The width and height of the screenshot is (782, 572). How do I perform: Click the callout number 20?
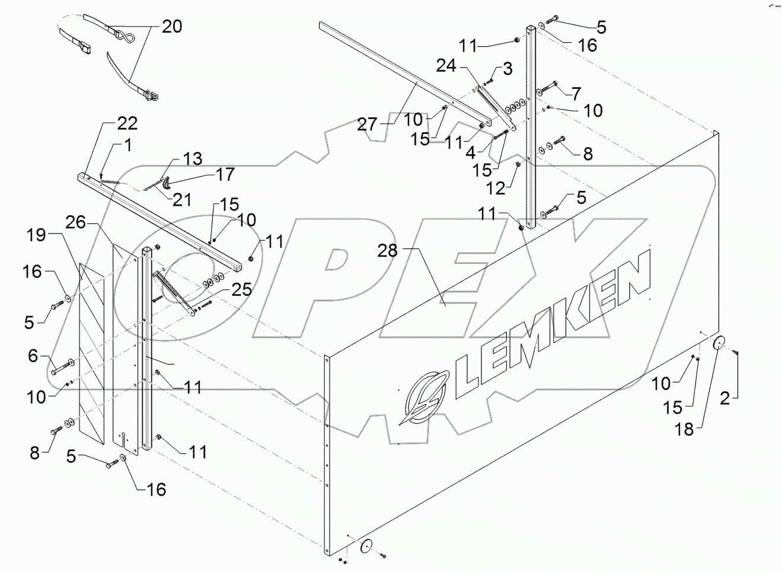171,27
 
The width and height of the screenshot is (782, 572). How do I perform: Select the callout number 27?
368,124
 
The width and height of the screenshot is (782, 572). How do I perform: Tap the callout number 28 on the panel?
389,250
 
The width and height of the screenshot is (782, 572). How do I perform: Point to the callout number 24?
446,65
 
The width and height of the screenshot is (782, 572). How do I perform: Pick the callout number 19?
36,235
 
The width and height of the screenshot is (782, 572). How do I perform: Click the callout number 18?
684,429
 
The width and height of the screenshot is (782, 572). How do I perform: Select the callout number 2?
724,398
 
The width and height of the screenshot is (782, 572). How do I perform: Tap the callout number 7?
576,93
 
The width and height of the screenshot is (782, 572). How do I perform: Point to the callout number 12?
496,188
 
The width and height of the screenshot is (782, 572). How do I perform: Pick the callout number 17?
225,174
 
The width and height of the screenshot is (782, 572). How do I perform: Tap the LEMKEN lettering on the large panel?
551,332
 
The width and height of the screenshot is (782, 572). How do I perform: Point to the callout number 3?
507,68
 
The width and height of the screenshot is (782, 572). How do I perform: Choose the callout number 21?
181,199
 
